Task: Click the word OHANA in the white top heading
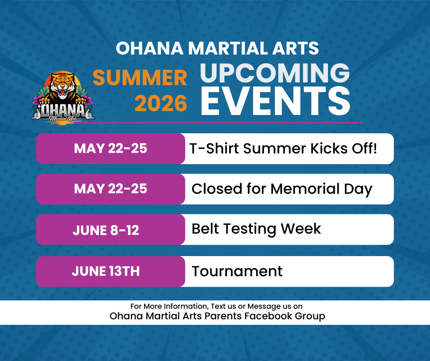click(x=150, y=48)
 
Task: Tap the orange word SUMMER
click(x=140, y=77)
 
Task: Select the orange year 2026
click(x=161, y=104)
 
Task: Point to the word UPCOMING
click(x=275, y=73)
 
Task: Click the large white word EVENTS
click(x=275, y=101)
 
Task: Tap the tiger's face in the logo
click(x=63, y=85)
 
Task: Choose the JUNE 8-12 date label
click(x=106, y=230)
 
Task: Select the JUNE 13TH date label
click(x=106, y=271)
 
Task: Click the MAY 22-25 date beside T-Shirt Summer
click(x=111, y=148)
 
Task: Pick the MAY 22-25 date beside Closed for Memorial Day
click(x=111, y=189)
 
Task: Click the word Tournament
click(x=237, y=271)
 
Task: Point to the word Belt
click(x=205, y=229)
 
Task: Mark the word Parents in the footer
click(x=223, y=316)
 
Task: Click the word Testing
click(x=250, y=230)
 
